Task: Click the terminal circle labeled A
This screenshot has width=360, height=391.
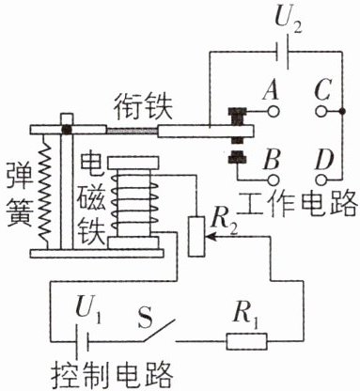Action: tap(274, 111)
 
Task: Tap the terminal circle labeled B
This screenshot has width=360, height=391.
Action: tap(274, 180)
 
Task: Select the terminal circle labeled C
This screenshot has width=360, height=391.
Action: tap(321, 111)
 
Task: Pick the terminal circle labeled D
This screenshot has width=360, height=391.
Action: tap(321, 180)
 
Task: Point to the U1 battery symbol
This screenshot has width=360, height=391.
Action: tap(83, 340)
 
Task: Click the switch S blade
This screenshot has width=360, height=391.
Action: tap(159, 331)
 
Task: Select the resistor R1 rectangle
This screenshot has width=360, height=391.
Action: tap(247, 341)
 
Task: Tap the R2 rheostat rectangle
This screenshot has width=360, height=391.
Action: tap(196, 237)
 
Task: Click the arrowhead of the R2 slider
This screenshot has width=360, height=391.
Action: tap(210, 237)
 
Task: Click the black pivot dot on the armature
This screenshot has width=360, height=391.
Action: tap(67, 129)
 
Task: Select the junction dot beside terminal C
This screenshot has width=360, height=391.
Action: tap(342, 111)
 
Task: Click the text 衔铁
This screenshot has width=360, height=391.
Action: tap(143, 107)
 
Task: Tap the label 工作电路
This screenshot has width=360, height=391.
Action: tap(298, 203)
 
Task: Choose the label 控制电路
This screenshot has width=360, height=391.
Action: tap(112, 375)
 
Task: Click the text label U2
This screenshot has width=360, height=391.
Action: tap(288, 20)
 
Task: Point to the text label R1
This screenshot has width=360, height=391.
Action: tap(246, 314)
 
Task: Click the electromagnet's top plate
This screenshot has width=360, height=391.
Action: tap(133, 163)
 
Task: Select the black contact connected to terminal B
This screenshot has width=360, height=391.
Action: tap(238, 157)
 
